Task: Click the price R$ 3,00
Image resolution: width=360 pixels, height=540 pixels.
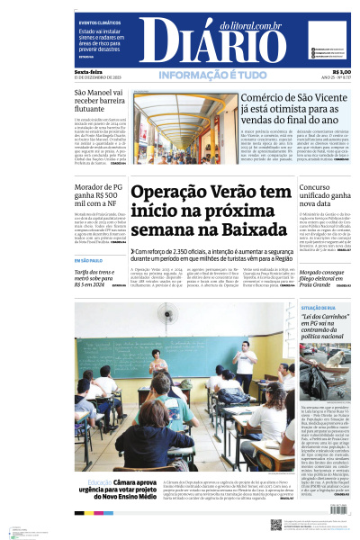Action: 341,72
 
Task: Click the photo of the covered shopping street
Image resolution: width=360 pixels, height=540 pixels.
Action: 185,128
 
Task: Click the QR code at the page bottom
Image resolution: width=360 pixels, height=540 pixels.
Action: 275,524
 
